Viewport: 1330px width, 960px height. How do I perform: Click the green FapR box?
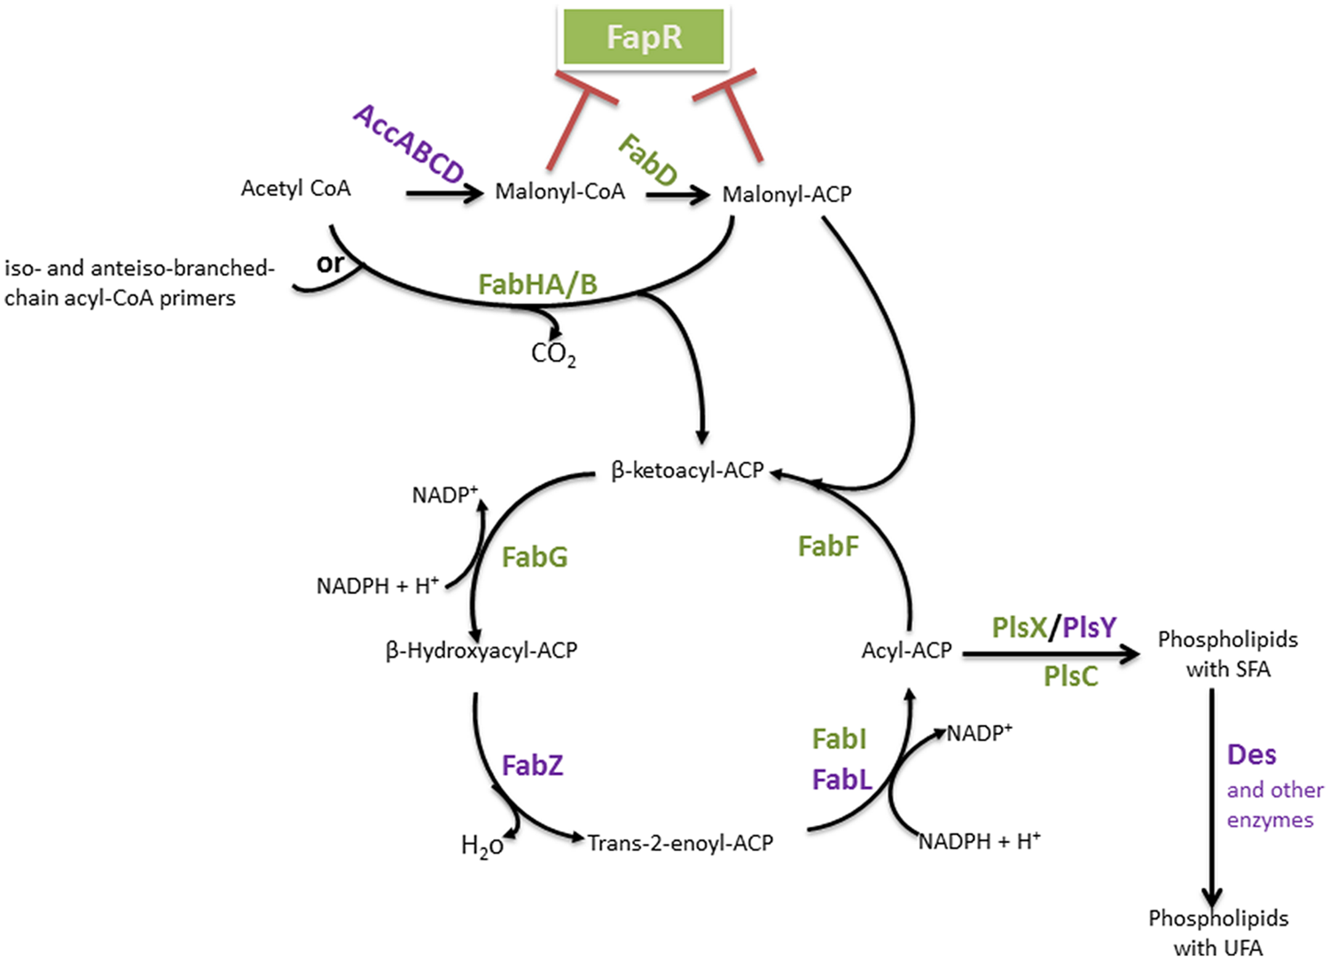(x=644, y=36)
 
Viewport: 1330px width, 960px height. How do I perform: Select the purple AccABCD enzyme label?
(x=409, y=144)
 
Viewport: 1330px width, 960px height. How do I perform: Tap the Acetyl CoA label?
(x=295, y=188)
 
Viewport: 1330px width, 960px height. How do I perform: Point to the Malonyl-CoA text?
(x=559, y=191)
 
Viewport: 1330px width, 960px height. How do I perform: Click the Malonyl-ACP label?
(x=786, y=194)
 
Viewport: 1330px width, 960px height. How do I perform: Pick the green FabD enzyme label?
(x=648, y=160)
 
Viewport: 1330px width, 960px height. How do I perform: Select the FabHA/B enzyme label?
(x=537, y=284)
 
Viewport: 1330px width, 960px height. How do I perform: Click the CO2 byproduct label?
(x=553, y=354)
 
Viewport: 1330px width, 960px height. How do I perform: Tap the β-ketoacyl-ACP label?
(x=687, y=470)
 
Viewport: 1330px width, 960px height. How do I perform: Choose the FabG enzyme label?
(x=534, y=557)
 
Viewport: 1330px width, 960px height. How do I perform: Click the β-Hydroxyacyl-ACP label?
(x=481, y=651)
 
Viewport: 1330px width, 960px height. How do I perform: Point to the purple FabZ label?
(x=532, y=765)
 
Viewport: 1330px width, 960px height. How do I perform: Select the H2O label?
(x=481, y=847)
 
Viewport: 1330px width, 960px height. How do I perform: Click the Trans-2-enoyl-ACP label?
(x=680, y=843)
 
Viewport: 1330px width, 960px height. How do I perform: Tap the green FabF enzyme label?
(x=828, y=546)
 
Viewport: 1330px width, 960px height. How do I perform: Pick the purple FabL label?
(x=841, y=780)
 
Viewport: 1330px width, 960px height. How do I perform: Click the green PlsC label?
(x=1070, y=676)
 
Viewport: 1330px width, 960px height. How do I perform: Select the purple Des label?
(x=1251, y=754)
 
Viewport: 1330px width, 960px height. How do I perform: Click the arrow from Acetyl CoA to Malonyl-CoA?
(x=443, y=193)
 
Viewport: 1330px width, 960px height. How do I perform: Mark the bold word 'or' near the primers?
(x=330, y=263)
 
